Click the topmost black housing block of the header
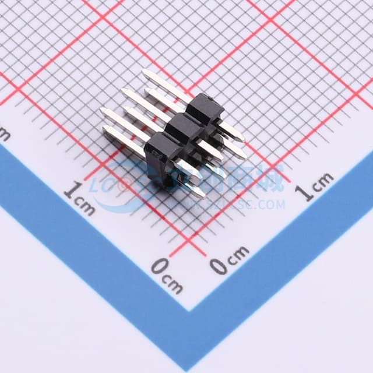tap(206, 108)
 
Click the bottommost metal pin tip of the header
tap(201, 195)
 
